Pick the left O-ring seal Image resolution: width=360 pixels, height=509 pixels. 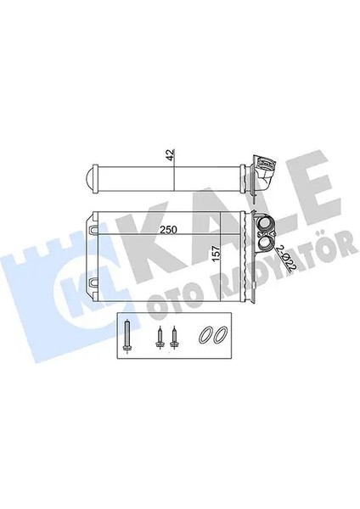pos(205,334)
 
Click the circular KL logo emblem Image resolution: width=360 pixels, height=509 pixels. pos(72,293)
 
